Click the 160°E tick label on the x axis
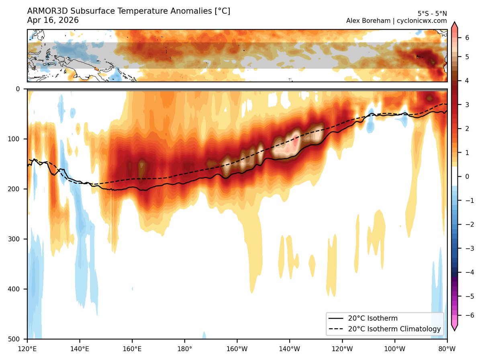click(x=132, y=349)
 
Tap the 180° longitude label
click(x=185, y=349)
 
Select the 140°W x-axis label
click(x=290, y=349)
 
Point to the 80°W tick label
click(x=447, y=349)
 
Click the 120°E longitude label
click(x=27, y=349)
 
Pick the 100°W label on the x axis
click(x=394, y=349)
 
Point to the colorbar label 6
click(x=467, y=38)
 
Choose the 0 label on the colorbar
click(x=467, y=177)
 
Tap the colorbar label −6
click(x=470, y=315)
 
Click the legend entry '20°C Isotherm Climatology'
click(x=394, y=329)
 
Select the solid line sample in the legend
click(x=336, y=318)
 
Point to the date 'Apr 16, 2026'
click(x=53, y=20)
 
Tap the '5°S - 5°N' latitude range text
click(x=432, y=14)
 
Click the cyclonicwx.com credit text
click(x=422, y=21)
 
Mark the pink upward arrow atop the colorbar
click(x=454, y=25)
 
